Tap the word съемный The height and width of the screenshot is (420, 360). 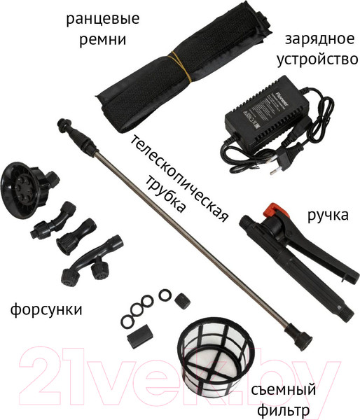pos(283,389)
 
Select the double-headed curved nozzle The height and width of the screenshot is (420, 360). pos(89,262)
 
